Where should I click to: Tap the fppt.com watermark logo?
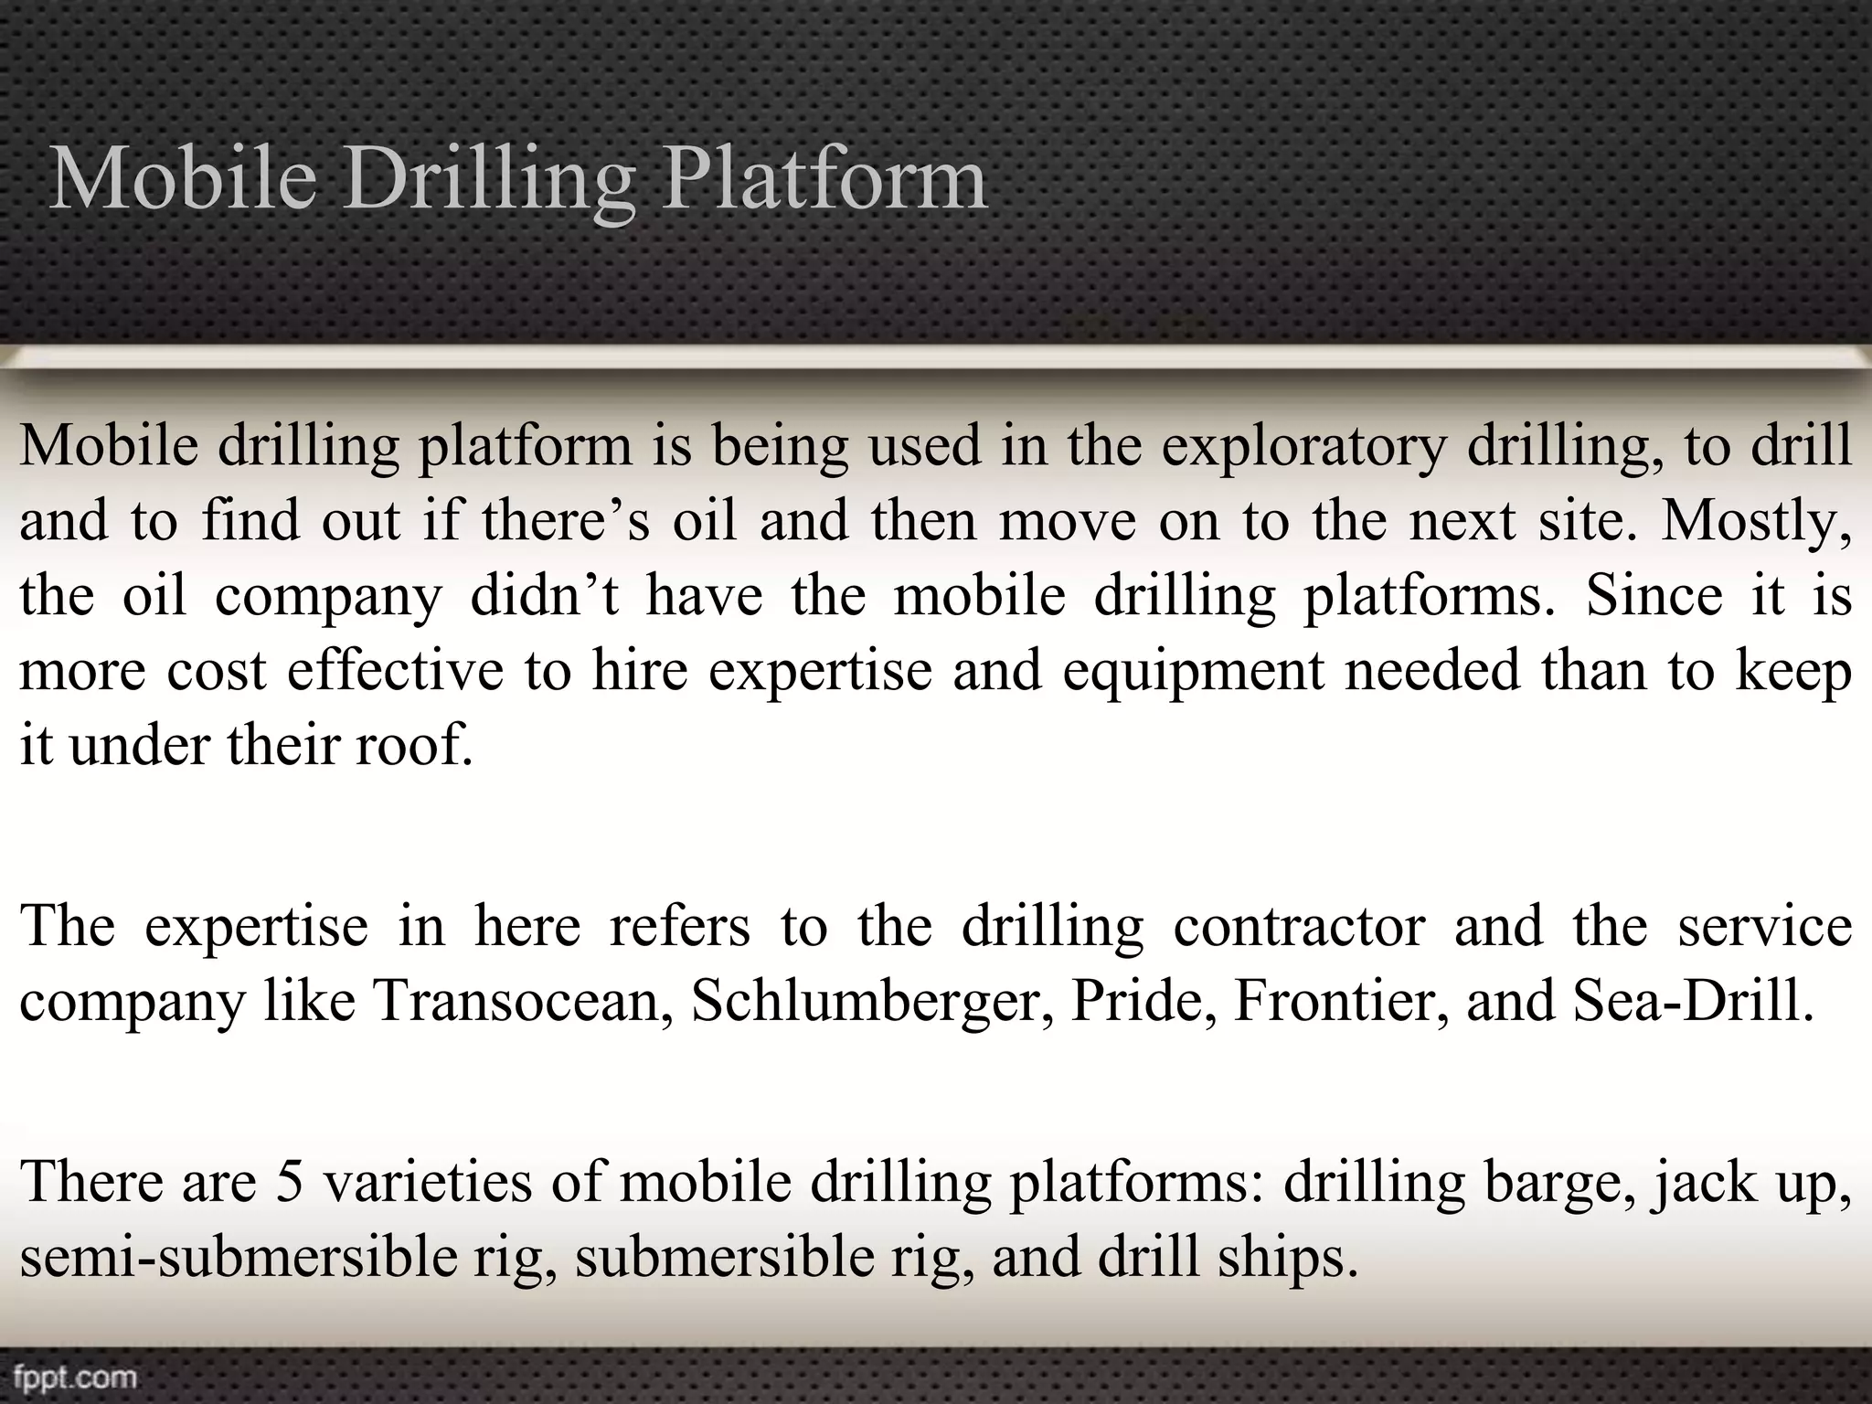(75, 1376)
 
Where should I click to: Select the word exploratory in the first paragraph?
(1304, 448)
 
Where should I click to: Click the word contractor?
(1299, 926)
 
